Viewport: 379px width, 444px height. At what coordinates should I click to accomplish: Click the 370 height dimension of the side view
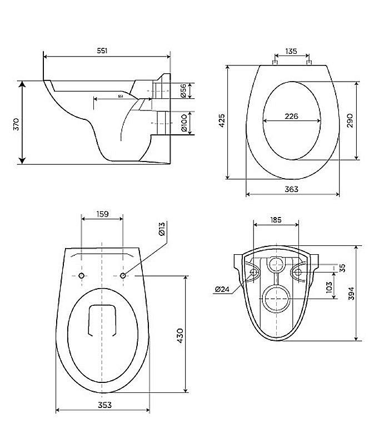16,123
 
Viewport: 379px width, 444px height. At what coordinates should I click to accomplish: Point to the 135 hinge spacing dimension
291,51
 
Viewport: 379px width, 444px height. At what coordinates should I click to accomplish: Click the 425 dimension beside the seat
222,122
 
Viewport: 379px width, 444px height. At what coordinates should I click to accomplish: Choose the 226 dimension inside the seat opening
291,116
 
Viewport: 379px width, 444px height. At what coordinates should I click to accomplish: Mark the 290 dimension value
350,121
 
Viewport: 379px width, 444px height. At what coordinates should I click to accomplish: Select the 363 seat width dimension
291,189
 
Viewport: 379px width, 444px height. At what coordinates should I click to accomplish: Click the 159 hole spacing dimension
102,213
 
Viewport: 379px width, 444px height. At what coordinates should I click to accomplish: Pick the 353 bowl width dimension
103,405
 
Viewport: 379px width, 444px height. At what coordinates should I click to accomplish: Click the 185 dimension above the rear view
276,220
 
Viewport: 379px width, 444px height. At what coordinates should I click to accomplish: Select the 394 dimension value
352,292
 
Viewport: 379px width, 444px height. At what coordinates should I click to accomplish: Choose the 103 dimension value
329,286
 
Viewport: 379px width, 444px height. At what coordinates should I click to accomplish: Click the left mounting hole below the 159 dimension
82,276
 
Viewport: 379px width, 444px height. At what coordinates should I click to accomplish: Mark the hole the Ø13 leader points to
123,275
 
